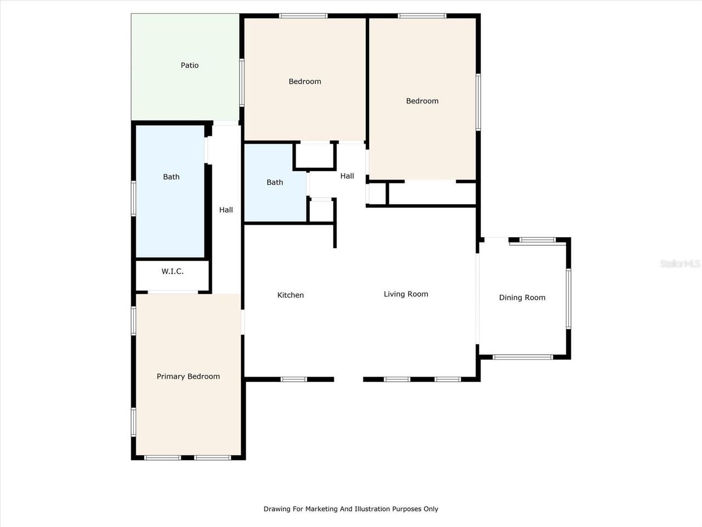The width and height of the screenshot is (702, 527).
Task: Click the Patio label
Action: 190,65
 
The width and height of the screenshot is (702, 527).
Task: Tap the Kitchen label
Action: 290,295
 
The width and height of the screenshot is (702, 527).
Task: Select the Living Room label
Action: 406,294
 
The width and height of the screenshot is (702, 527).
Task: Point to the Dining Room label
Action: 522,298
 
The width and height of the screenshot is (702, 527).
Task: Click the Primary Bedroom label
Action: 188,377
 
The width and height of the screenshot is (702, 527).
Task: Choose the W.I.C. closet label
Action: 172,272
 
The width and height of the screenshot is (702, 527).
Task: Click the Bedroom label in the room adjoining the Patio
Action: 305,82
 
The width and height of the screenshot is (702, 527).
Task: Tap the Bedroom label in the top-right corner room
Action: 422,101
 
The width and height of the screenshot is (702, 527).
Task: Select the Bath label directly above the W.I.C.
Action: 171,177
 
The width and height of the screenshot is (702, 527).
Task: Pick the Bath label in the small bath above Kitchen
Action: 275,182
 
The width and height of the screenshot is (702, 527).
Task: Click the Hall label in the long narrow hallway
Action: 226,210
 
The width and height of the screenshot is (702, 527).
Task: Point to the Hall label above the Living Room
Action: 347,176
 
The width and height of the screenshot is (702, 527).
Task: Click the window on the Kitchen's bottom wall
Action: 293,379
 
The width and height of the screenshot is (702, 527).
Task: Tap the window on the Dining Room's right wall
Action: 568,298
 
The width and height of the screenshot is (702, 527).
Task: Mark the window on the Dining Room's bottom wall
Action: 523,357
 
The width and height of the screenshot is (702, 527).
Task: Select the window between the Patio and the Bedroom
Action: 242,82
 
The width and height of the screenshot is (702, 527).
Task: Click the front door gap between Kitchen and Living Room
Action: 349,379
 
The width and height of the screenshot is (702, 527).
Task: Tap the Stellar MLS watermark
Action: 680,264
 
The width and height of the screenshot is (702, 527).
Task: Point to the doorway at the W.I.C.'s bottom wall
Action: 173,292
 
